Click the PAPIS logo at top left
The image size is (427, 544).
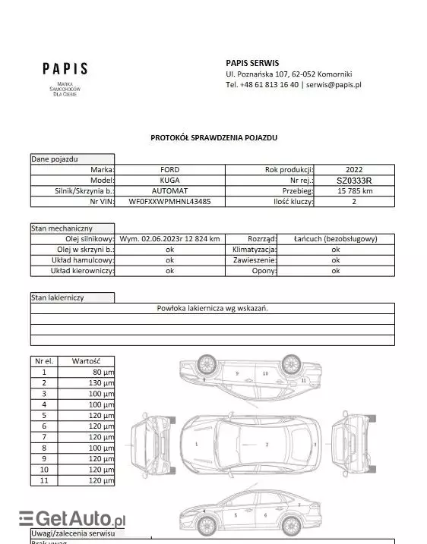click(65, 69)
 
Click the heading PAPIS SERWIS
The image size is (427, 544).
click(253, 62)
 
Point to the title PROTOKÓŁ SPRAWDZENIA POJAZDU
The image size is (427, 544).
click(214, 138)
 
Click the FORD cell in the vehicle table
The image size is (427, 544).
click(170, 170)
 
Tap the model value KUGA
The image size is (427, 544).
click(170, 181)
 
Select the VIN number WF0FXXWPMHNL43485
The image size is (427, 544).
click(170, 202)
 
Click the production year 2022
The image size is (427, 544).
click(354, 170)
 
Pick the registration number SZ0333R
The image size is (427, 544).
click(354, 181)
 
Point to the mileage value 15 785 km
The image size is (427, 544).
click(354, 191)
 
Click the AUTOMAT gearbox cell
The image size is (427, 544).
click(170, 191)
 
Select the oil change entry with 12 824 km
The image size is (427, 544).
click(170, 238)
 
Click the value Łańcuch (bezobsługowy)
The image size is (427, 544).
click(335, 238)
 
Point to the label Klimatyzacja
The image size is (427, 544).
click(252, 249)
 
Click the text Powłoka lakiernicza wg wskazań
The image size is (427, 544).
click(213, 308)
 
